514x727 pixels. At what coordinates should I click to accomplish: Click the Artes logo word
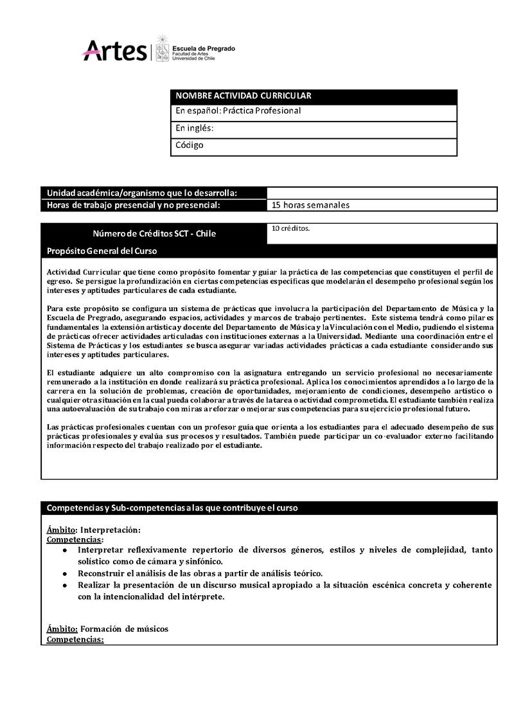(x=115, y=51)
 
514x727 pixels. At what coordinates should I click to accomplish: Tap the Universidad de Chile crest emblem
(x=163, y=48)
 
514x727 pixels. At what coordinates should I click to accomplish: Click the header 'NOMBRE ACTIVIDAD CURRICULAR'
(x=244, y=96)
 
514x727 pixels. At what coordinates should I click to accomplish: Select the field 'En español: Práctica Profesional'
(x=238, y=111)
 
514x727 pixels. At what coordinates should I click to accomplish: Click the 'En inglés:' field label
(x=194, y=128)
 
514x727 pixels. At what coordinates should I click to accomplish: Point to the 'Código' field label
(x=190, y=145)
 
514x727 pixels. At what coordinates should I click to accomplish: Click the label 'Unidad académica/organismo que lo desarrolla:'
(x=142, y=193)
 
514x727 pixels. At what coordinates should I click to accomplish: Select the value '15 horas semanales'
(x=310, y=206)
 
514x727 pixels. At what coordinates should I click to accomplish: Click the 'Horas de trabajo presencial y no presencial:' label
(x=134, y=206)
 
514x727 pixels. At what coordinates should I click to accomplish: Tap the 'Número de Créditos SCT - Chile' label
(x=154, y=233)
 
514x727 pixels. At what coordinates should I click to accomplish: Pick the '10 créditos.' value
(x=290, y=228)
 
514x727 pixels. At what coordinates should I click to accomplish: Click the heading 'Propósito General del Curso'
(x=102, y=251)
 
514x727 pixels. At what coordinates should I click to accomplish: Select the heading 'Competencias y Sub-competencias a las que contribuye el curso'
(x=172, y=508)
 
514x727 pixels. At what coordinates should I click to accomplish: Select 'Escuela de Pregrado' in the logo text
(x=204, y=48)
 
